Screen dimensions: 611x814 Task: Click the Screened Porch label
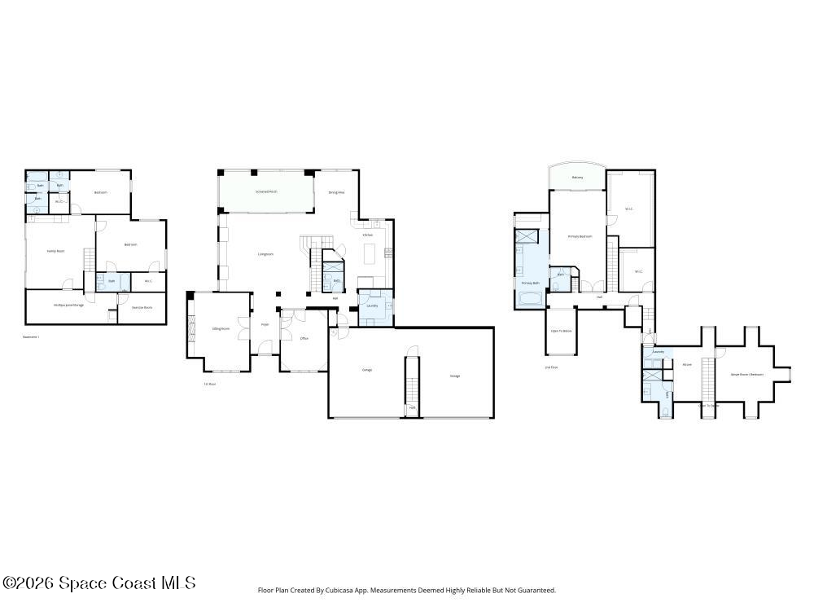coord(266,191)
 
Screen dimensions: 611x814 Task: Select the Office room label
coord(304,338)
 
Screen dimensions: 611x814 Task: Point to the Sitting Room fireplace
coord(193,329)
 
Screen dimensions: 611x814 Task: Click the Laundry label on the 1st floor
coord(373,305)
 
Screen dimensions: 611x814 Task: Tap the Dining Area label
coord(336,192)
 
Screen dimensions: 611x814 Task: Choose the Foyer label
coord(265,325)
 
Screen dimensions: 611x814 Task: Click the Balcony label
coord(577,177)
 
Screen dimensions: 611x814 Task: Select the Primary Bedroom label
coord(580,236)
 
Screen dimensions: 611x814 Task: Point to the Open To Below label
coord(561,331)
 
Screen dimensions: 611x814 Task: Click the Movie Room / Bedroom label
coord(746,375)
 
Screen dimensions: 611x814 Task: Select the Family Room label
coord(55,251)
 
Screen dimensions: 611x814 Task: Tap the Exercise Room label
coord(142,307)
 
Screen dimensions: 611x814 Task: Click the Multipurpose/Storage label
coord(69,305)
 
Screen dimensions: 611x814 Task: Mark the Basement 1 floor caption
coord(31,336)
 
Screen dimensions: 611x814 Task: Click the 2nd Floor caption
coord(551,367)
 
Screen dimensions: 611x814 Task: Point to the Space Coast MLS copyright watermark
coord(98,582)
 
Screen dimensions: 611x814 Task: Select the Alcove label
coord(687,364)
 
